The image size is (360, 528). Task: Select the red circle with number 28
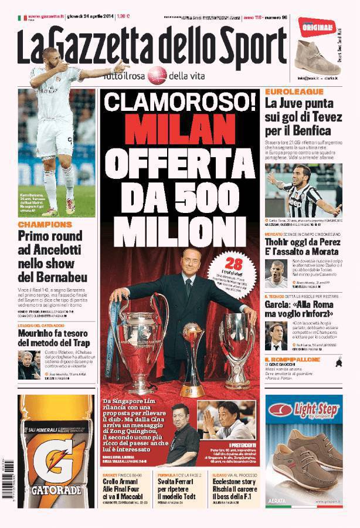click(234, 265)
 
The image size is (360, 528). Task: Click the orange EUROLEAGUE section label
click(294, 92)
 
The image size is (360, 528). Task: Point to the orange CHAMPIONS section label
click(45, 225)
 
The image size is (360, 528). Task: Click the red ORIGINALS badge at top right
click(317, 25)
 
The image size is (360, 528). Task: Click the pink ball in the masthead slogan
click(157, 75)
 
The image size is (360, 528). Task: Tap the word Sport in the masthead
click(254, 48)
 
